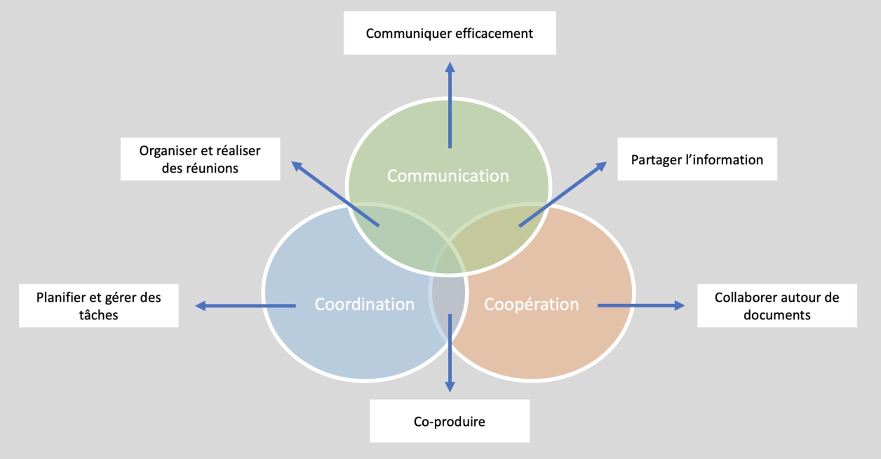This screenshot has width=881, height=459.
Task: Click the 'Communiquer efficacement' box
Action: (x=449, y=33)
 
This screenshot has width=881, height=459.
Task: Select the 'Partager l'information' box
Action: (x=697, y=159)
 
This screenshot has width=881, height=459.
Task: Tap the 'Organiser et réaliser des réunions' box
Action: (x=200, y=159)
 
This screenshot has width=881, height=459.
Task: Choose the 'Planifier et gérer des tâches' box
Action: (x=98, y=306)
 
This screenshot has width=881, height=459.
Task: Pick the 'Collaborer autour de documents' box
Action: (x=776, y=306)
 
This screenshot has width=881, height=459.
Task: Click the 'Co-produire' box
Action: (x=449, y=421)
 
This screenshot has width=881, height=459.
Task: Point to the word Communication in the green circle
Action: (x=448, y=176)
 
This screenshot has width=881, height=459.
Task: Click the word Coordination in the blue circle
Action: (x=364, y=304)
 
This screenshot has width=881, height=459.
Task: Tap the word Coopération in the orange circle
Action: (x=531, y=304)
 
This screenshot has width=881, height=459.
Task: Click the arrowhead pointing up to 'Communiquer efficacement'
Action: (x=450, y=68)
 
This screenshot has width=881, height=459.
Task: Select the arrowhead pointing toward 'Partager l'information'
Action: (x=601, y=166)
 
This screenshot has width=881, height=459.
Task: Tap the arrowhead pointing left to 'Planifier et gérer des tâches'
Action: (x=201, y=306)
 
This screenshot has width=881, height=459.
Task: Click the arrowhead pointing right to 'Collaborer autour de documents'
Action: (x=679, y=306)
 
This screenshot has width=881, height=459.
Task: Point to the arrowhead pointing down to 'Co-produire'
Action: (x=450, y=386)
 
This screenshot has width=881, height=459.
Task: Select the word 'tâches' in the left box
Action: (x=98, y=315)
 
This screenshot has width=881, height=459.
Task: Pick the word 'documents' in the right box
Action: (x=777, y=315)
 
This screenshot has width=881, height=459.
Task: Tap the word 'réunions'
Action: (x=217, y=169)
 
